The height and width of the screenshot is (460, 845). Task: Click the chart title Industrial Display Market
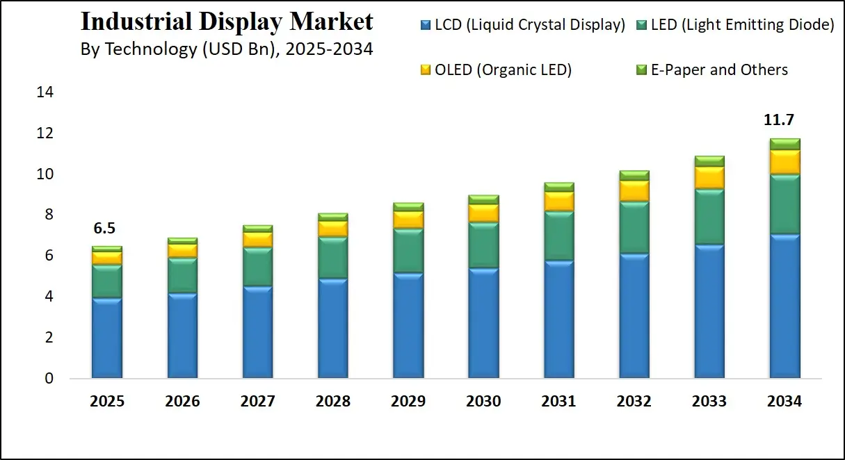pos(227,22)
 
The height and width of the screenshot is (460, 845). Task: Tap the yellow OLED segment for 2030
pos(483,213)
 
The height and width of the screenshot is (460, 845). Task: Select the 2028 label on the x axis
pos(332,402)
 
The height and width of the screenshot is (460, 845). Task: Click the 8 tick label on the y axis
pos(48,215)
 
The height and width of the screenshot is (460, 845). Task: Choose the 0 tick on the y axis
pos(48,379)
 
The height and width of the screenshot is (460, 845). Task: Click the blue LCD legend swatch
pos(425,26)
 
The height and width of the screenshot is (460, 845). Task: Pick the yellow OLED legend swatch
pos(425,70)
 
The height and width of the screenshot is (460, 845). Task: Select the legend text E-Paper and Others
pos(719,69)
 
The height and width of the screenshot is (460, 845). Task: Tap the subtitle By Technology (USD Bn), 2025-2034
pos(227,49)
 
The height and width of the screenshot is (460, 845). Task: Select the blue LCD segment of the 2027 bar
pos(257,331)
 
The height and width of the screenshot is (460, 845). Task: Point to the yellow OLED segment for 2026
pos(182,251)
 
